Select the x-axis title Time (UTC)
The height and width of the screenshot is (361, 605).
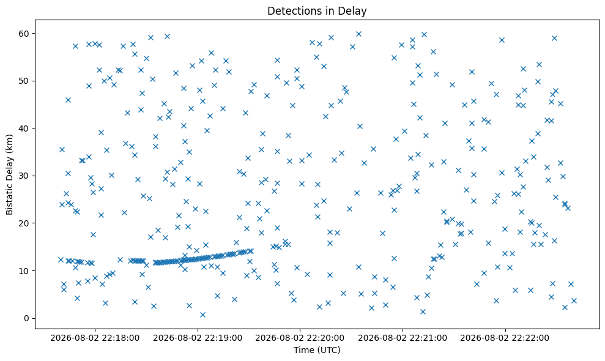pos(317,350)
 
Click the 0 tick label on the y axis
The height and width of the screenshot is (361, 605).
pos(27,319)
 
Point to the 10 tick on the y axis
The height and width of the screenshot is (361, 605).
pos(24,271)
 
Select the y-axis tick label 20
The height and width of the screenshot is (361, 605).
pos(24,223)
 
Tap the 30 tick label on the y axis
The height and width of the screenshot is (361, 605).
pos(24,176)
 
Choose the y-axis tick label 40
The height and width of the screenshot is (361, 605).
pos(24,128)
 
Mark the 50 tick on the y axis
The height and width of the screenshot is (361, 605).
pos(24,81)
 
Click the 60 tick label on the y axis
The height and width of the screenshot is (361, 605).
pos(24,34)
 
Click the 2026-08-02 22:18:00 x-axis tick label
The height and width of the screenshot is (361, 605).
pos(95,338)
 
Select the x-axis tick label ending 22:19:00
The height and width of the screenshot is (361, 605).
pos(198,338)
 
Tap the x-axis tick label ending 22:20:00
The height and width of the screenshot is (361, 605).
pos(300,338)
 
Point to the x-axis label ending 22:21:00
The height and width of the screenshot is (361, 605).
pos(403,338)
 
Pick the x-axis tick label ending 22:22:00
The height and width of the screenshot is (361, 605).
pos(505,338)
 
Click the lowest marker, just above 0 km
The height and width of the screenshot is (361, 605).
pos(202,314)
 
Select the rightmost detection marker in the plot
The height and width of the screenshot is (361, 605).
pos(574,301)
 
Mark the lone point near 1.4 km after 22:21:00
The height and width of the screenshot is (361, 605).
pos(423,311)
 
